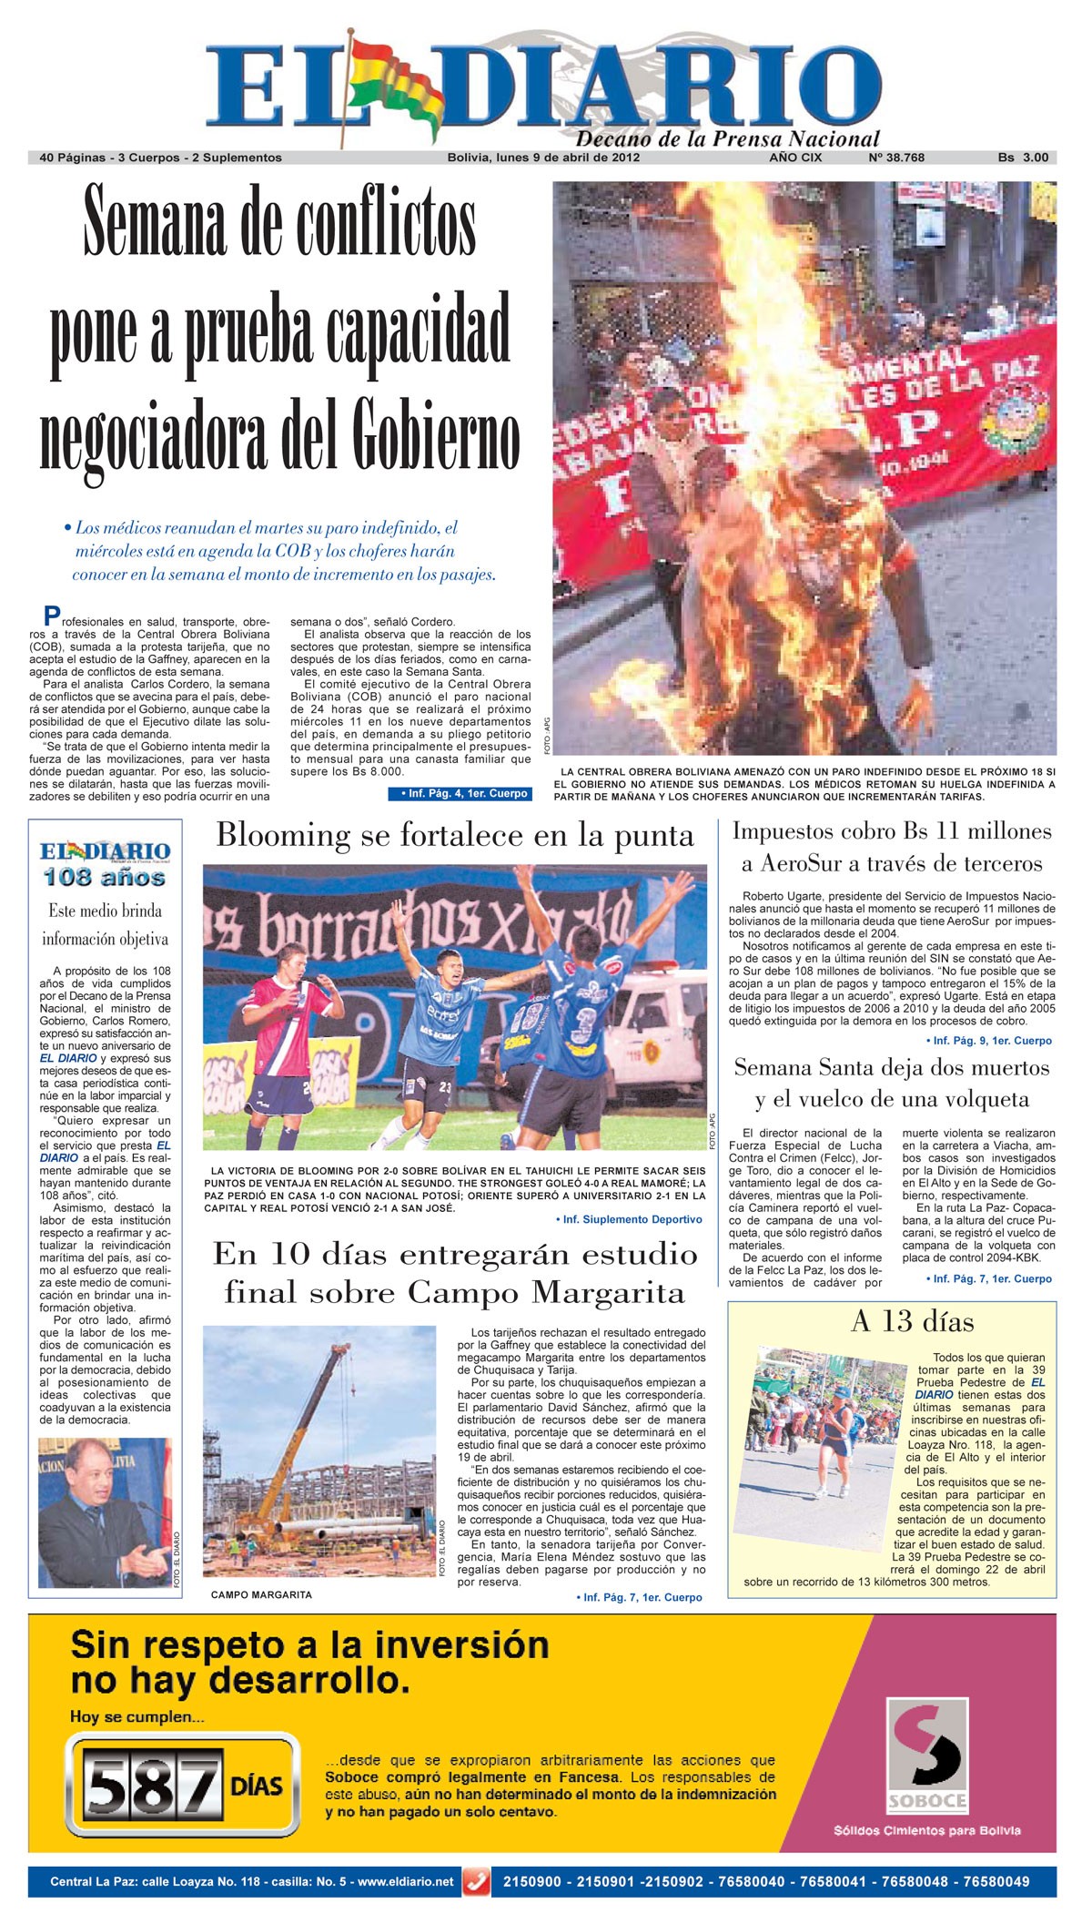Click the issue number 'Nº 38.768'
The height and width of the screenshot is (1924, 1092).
[x=896, y=158]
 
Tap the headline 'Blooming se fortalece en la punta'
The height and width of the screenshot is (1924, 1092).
[x=455, y=835]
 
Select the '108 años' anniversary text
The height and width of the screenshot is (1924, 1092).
[x=105, y=878]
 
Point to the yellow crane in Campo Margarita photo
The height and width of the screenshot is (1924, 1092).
[x=300, y=1420]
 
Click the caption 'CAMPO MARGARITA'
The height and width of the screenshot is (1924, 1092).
[x=261, y=1594]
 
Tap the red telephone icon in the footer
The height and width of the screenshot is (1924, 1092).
[x=477, y=1881]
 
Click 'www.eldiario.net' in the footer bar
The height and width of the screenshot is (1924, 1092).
[x=405, y=1882]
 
